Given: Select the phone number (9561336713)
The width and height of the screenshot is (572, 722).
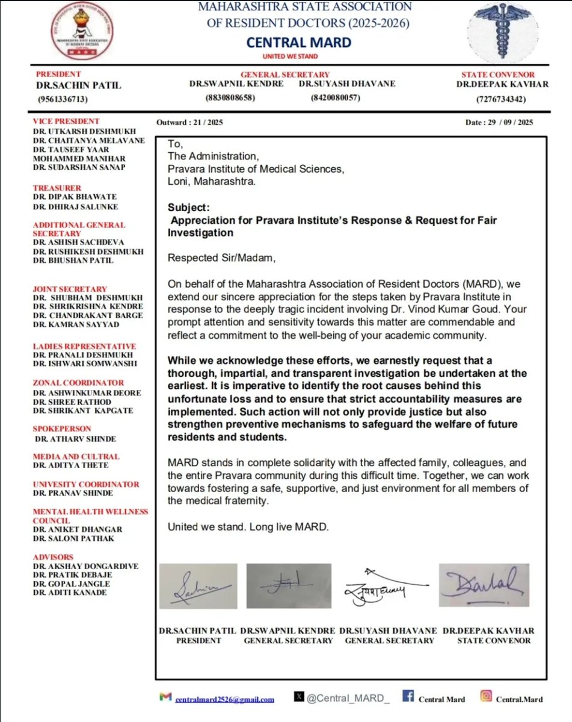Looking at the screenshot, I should [63, 99].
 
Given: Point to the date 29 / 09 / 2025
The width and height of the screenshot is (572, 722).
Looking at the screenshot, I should [499, 122].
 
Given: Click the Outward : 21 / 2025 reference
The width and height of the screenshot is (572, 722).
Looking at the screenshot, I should [189, 122].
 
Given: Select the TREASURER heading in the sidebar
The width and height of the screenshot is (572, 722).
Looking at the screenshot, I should [57, 188].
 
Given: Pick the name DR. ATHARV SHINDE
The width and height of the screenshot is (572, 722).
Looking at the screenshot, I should [75, 439].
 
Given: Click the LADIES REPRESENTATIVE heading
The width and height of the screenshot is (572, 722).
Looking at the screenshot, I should [84, 346].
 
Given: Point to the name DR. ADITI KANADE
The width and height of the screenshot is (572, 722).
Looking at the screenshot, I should [70, 592].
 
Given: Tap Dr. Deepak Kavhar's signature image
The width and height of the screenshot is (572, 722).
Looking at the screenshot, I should [484, 585].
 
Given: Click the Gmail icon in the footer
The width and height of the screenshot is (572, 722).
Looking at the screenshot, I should [165, 697].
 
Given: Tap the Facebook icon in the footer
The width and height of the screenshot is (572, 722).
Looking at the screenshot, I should [408, 697].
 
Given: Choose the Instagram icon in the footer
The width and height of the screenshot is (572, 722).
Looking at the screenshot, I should [485, 697].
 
